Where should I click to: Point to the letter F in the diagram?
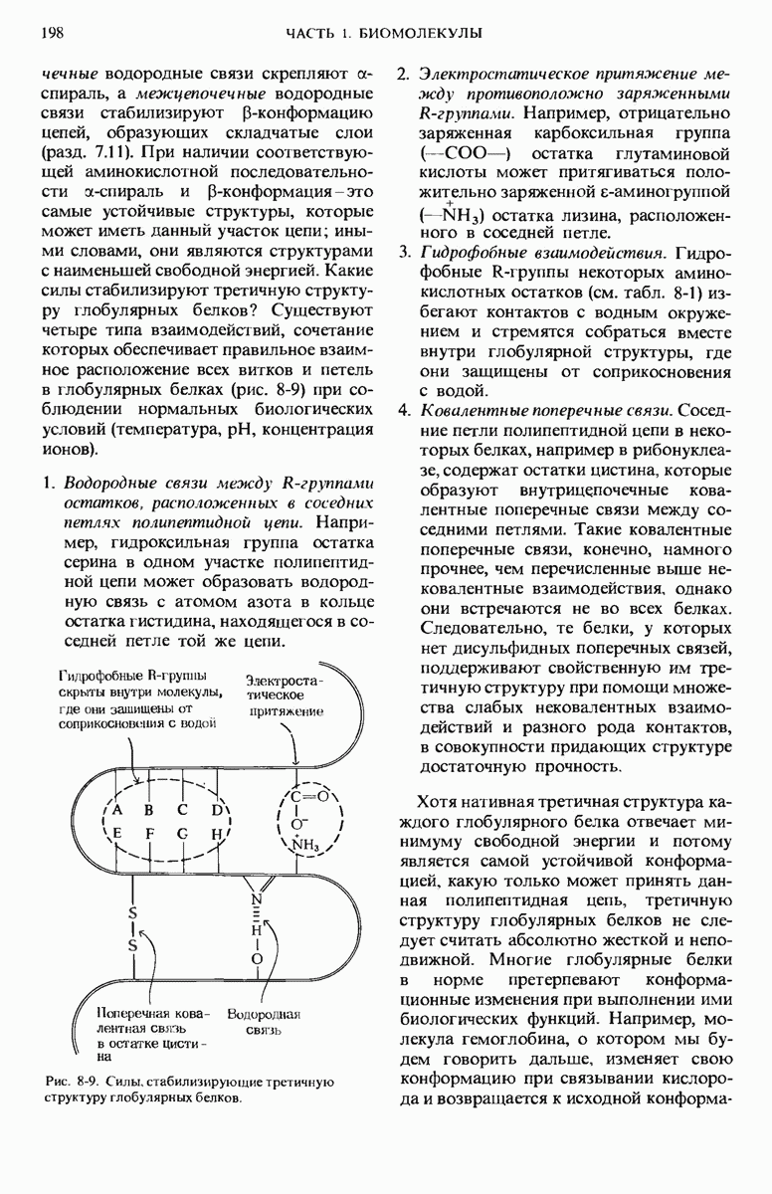click(x=149, y=834)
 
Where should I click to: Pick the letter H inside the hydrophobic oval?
click(x=214, y=834)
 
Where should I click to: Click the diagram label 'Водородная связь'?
click(x=264, y=1022)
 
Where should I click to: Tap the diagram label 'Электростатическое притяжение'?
click(x=287, y=696)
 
